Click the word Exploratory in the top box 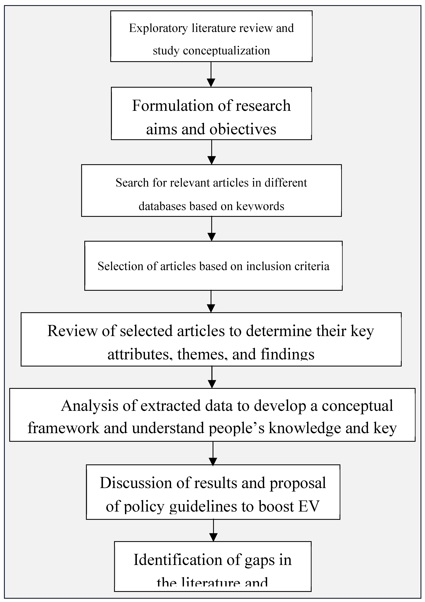point(158,28)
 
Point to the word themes point(201,354)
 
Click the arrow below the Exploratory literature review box point(211,74)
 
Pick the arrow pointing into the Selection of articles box point(211,229)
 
